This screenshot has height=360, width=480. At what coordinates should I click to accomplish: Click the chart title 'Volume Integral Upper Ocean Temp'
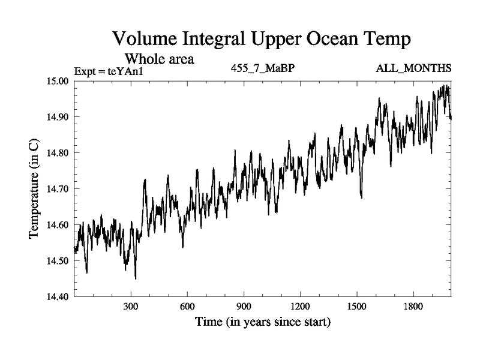(262, 40)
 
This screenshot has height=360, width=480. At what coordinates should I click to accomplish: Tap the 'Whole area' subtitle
(159, 59)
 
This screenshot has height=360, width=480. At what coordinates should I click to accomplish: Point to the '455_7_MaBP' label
(262, 68)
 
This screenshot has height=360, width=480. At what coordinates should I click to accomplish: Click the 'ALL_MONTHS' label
(413, 68)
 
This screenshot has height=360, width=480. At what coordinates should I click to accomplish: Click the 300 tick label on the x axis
(131, 307)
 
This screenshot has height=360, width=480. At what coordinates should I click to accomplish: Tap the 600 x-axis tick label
(187, 307)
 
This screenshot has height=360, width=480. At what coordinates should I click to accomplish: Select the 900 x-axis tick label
(244, 307)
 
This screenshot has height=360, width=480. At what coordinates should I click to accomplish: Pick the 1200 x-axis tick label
(300, 307)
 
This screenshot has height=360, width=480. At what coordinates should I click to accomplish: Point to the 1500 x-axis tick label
(356, 307)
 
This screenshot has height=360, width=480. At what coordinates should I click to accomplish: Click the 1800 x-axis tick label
(413, 307)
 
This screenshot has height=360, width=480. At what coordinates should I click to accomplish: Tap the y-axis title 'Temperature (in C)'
(34, 189)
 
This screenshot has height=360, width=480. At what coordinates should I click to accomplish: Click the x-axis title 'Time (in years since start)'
(262, 322)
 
